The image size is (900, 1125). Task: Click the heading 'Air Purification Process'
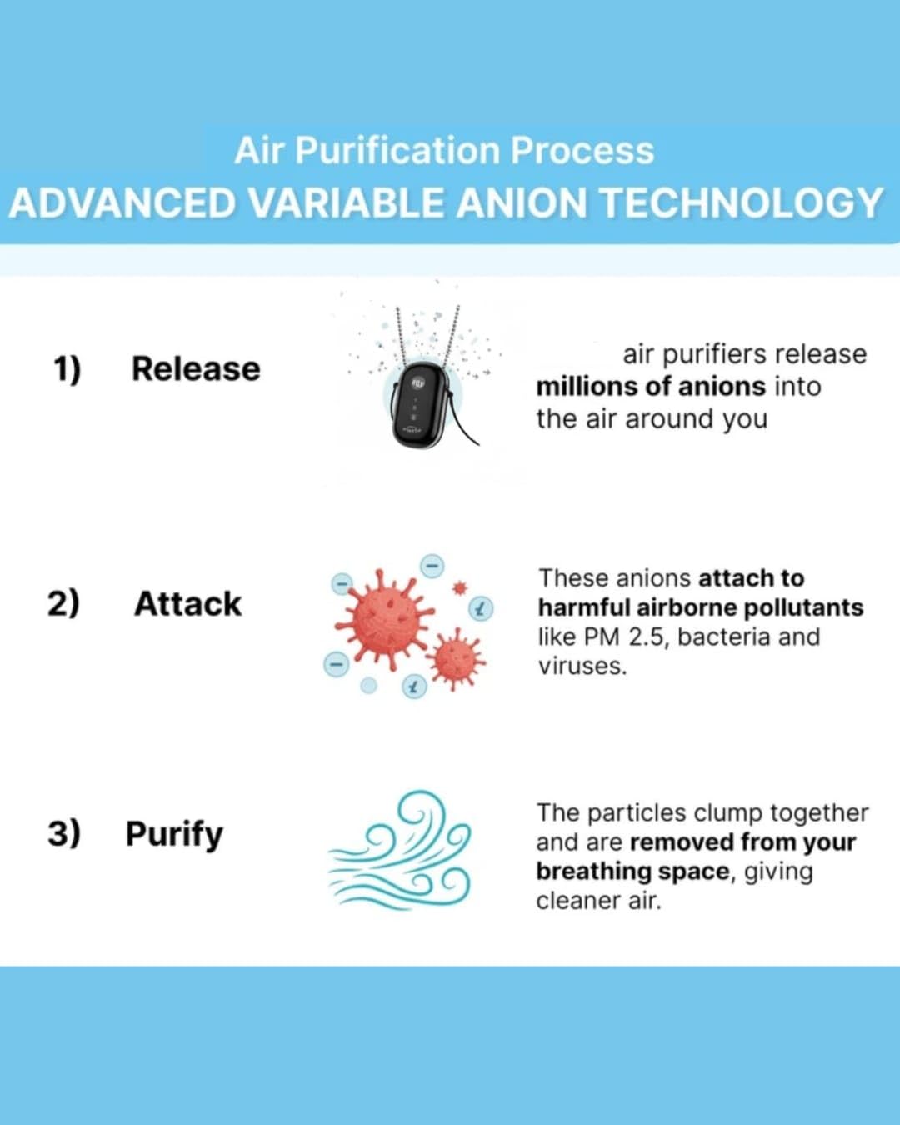click(x=444, y=151)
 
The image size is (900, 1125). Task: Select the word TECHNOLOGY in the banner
click(x=741, y=203)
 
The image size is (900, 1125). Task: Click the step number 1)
click(x=67, y=368)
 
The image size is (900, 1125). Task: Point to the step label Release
click(x=196, y=368)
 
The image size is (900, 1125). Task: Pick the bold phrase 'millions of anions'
click(x=650, y=387)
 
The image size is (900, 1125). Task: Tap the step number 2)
click(x=63, y=602)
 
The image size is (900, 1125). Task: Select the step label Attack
click(x=187, y=604)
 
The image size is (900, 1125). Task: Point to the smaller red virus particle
click(x=455, y=659)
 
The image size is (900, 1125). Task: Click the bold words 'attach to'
click(x=751, y=578)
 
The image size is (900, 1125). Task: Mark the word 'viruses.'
click(x=582, y=667)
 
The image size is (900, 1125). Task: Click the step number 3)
click(x=64, y=832)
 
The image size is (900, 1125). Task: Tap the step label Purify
click(x=174, y=834)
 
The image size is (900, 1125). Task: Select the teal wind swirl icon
click(x=400, y=852)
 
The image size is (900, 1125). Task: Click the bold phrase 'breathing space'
click(x=632, y=872)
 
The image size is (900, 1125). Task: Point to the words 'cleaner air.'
click(x=598, y=901)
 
